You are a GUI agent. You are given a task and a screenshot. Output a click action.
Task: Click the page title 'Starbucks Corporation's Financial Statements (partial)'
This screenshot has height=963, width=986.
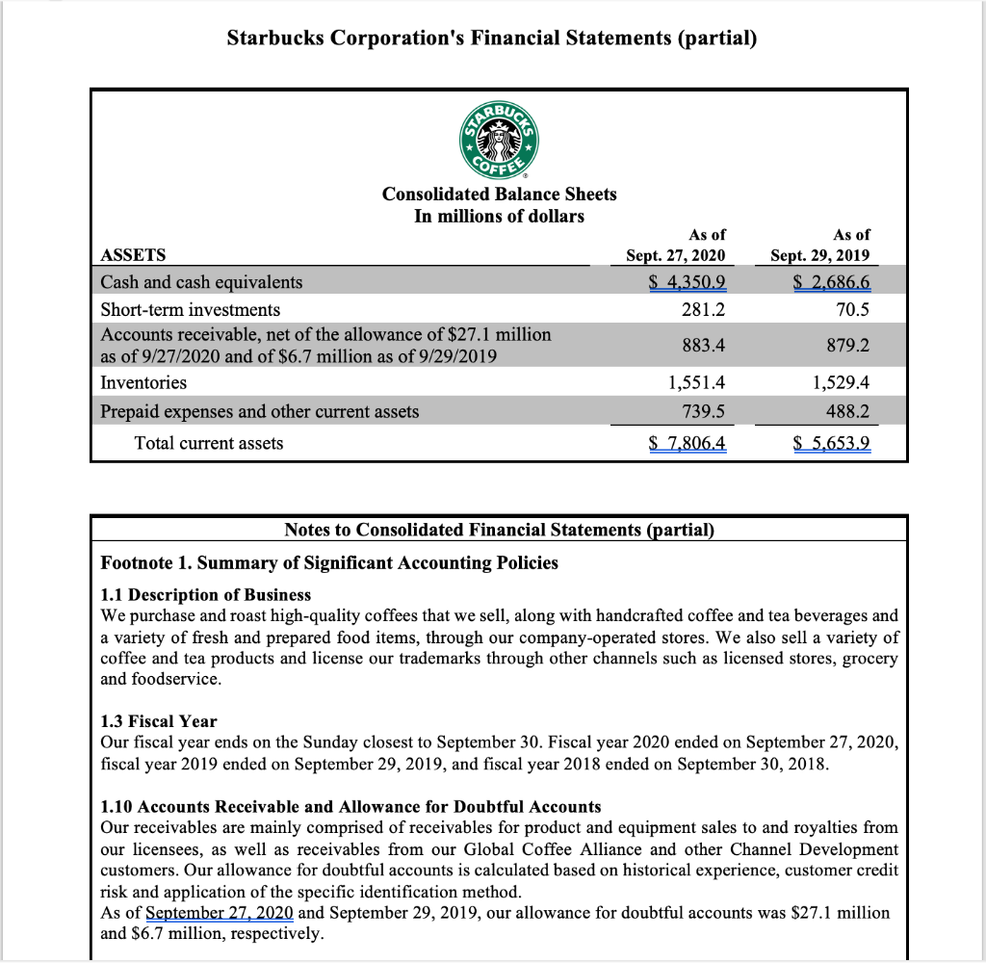pyautogui.click(x=492, y=39)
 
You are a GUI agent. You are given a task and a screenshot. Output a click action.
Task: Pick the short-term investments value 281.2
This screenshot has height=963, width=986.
pyautogui.click(x=703, y=309)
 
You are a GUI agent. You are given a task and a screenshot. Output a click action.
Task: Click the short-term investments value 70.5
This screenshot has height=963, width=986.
pyautogui.click(x=851, y=309)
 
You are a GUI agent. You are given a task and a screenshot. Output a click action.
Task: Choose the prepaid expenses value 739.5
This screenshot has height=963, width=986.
pyautogui.click(x=703, y=411)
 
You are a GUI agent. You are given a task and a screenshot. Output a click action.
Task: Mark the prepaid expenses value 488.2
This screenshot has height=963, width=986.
pyautogui.click(x=848, y=411)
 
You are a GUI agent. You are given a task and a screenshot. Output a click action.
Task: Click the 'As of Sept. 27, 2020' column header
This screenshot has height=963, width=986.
pyautogui.click(x=676, y=245)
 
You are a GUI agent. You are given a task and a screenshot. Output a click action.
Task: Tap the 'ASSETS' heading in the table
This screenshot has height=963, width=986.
pyautogui.click(x=133, y=255)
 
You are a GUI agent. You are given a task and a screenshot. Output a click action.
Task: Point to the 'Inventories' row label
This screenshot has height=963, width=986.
pyautogui.click(x=143, y=382)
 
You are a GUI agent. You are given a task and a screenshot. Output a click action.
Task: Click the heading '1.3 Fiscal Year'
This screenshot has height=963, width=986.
pyautogui.click(x=159, y=721)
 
